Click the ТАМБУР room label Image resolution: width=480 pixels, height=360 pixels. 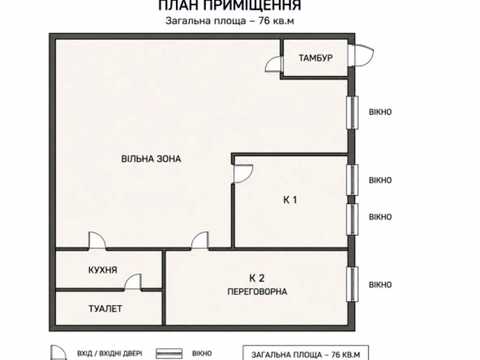pos(315,58)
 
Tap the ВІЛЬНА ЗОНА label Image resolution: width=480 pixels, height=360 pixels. pos(151,159)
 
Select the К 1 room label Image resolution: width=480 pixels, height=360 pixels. pos(290,200)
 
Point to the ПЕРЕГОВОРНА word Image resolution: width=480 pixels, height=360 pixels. pos(257,292)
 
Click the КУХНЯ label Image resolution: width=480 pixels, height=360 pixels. pos(103,270)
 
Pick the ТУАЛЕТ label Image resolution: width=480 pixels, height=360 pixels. pos(105,309)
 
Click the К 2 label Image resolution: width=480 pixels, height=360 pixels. pos(257,278)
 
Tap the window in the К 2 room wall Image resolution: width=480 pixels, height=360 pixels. pos(352,284)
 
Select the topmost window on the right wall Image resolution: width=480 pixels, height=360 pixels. pos(352,112)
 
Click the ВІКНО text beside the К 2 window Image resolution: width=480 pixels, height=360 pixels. pos(380,285)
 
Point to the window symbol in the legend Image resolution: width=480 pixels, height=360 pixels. pos(169,354)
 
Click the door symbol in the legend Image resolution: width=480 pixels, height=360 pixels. pos(58,353)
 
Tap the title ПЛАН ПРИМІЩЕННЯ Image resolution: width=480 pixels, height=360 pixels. pos(230,5)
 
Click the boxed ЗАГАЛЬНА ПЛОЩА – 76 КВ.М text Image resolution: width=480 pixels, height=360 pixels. pos(306,355)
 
